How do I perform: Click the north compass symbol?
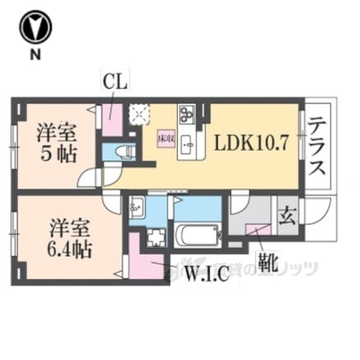(x=35, y=28)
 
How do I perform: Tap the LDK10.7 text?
(x=252, y=143)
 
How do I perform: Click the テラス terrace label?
(x=318, y=149)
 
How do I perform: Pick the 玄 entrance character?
(x=286, y=214)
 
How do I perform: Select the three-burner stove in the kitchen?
(x=187, y=115)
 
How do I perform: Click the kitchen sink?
(x=187, y=143)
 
